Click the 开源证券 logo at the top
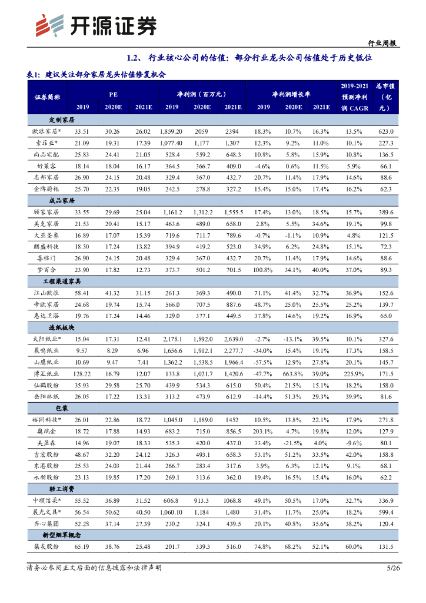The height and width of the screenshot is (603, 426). [x=95, y=25]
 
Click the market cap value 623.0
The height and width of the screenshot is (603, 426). [x=385, y=131]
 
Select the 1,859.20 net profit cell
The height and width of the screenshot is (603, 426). [x=171, y=131]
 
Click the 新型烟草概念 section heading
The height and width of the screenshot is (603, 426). [x=62, y=535]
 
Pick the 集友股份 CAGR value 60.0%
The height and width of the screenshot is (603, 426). [x=354, y=546]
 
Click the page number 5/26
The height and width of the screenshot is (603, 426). [x=392, y=568]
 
